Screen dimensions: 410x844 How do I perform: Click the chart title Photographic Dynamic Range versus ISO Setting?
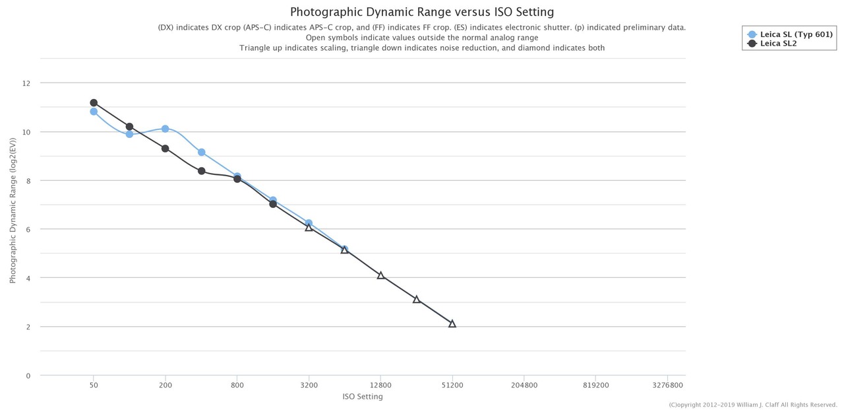tap(422, 12)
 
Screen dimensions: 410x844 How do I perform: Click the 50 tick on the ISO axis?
tap(94, 386)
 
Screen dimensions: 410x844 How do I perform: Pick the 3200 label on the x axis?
tap(309, 386)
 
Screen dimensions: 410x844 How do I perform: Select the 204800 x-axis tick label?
tap(524, 386)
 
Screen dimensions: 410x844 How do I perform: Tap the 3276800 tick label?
tap(667, 386)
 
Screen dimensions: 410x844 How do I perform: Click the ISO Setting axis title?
tap(362, 397)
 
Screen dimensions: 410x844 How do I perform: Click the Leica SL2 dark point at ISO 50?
tap(94, 103)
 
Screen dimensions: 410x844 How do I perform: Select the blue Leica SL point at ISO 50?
tap(94, 112)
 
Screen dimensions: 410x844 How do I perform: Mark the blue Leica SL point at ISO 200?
tap(165, 129)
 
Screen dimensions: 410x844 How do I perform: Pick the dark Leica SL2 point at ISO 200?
tap(165, 149)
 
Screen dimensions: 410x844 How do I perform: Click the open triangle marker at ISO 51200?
tap(452, 324)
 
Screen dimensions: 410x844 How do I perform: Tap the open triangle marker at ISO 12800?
tap(380, 275)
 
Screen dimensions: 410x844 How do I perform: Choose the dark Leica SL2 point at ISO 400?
tap(201, 171)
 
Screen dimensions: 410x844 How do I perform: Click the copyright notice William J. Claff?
tap(752, 405)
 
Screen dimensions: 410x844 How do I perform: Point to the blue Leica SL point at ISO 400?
tap(201, 153)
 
